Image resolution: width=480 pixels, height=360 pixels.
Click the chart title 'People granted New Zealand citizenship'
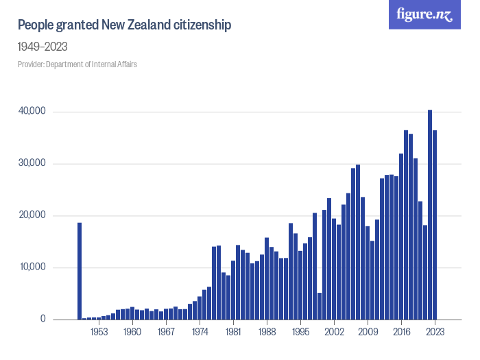pyautogui.click(x=124, y=25)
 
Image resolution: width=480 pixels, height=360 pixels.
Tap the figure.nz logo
pyautogui.click(x=424, y=14)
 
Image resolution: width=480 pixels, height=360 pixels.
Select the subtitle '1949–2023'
pyautogui.click(x=42, y=47)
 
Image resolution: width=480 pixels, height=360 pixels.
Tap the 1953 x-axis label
pyautogui.click(x=99, y=332)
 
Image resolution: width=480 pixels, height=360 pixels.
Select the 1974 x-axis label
pyautogui.click(x=200, y=332)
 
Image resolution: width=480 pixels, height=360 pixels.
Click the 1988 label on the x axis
pyautogui.click(x=267, y=332)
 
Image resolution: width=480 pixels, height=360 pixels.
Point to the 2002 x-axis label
pyautogui.click(x=334, y=332)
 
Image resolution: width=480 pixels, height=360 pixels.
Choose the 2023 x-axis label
pyautogui.click(x=435, y=332)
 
